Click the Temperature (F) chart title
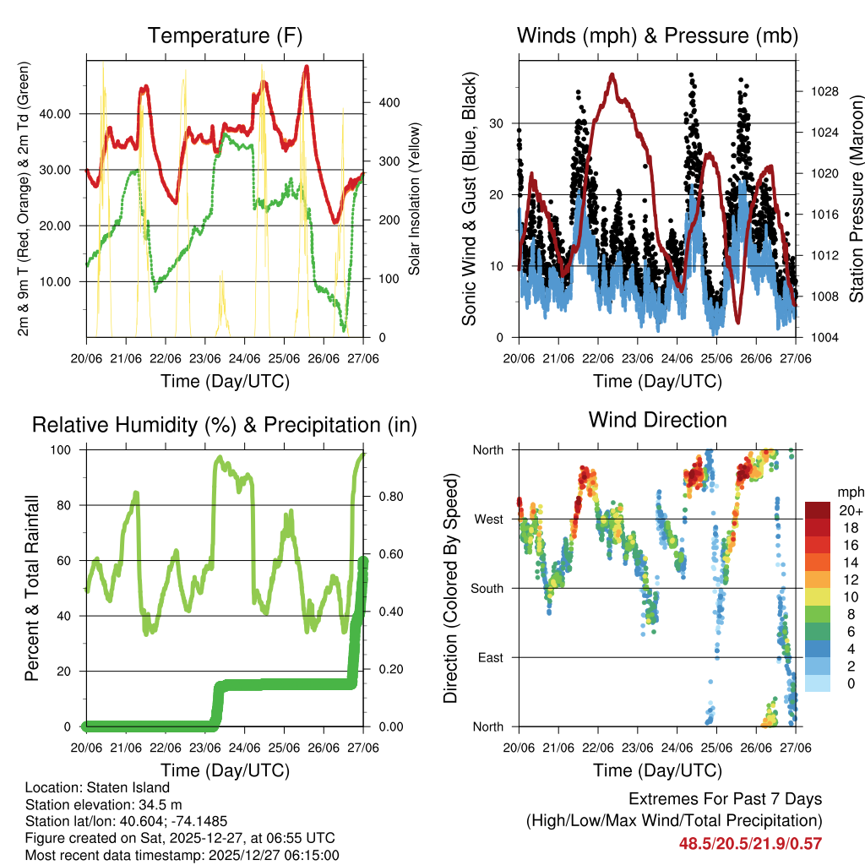[225, 36]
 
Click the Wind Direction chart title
[657, 420]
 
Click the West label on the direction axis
[488, 519]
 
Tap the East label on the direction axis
[490, 657]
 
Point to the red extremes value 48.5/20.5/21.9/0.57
[750, 843]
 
